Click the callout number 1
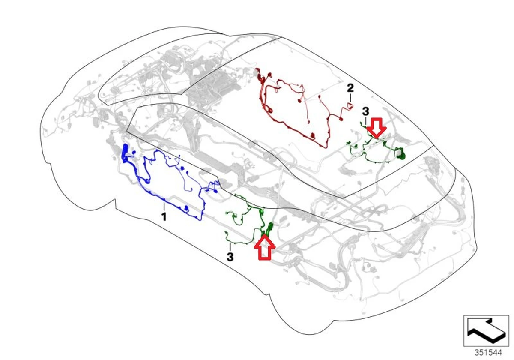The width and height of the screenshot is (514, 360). (x=163, y=217)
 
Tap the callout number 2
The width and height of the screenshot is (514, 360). (x=350, y=89)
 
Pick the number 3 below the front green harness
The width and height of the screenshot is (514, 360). (x=230, y=257)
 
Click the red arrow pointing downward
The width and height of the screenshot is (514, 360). (x=377, y=128)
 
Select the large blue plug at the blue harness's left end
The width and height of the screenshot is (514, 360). (x=126, y=153)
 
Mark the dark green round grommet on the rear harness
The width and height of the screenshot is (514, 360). (x=400, y=153)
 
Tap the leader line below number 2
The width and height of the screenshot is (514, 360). (x=350, y=98)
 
